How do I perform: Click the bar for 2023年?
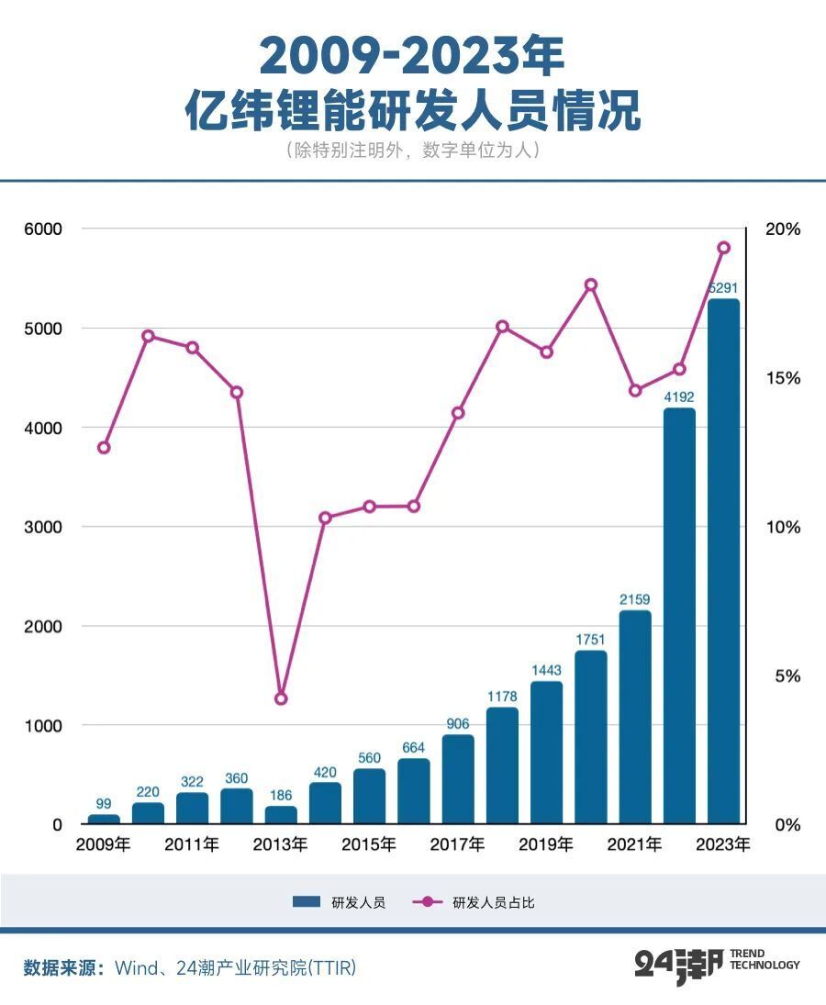(x=723, y=562)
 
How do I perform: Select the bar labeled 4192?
(x=679, y=617)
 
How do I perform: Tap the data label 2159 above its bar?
(x=635, y=600)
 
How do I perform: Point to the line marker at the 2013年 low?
(x=281, y=698)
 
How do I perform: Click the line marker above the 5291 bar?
(x=723, y=248)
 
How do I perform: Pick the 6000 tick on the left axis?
(x=43, y=229)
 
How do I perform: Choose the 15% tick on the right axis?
(x=784, y=378)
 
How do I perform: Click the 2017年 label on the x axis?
(x=457, y=844)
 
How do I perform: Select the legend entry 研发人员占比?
(x=493, y=902)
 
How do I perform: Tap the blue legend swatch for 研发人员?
(x=306, y=902)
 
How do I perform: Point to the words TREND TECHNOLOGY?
(x=765, y=960)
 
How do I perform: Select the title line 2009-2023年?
(x=412, y=57)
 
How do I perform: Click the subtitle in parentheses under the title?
(x=412, y=151)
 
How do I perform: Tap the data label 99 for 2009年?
(x=104, y=804)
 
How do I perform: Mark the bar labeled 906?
(x=458, y=779)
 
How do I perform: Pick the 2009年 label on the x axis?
(x=104, y=844)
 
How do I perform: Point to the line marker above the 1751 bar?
(x=591, y=285)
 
